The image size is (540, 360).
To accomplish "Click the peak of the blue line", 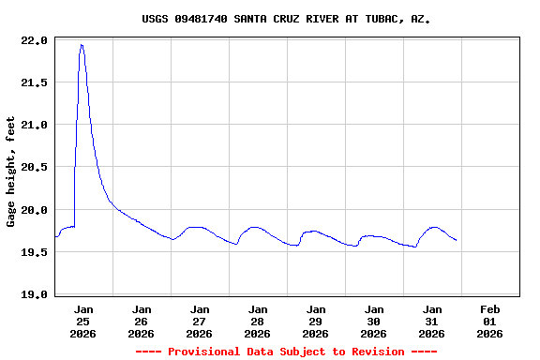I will (82, 44).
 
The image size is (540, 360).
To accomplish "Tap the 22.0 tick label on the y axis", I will (33, 40).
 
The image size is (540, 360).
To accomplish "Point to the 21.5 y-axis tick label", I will (33, 82).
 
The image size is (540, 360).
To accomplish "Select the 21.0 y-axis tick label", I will (33, 125).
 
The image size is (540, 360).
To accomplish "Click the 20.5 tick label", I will (33, 167).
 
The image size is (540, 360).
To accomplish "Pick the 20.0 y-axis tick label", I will (33, 210).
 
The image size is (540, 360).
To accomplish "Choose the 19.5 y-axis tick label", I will (33, 252).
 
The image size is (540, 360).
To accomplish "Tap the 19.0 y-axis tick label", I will (33, 294).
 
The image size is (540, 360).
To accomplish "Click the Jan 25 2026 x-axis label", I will (83, 321).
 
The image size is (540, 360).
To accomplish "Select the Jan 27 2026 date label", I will (200, 321).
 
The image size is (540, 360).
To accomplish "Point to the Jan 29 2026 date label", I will (316, 321).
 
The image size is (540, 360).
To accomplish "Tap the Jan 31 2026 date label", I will (432, 321).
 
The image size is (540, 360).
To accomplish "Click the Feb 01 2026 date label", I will (489, 321).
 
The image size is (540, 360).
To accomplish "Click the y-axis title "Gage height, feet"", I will (11, 172).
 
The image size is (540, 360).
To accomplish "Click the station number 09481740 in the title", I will (201, 18).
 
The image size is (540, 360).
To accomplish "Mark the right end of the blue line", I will (457, 241).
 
